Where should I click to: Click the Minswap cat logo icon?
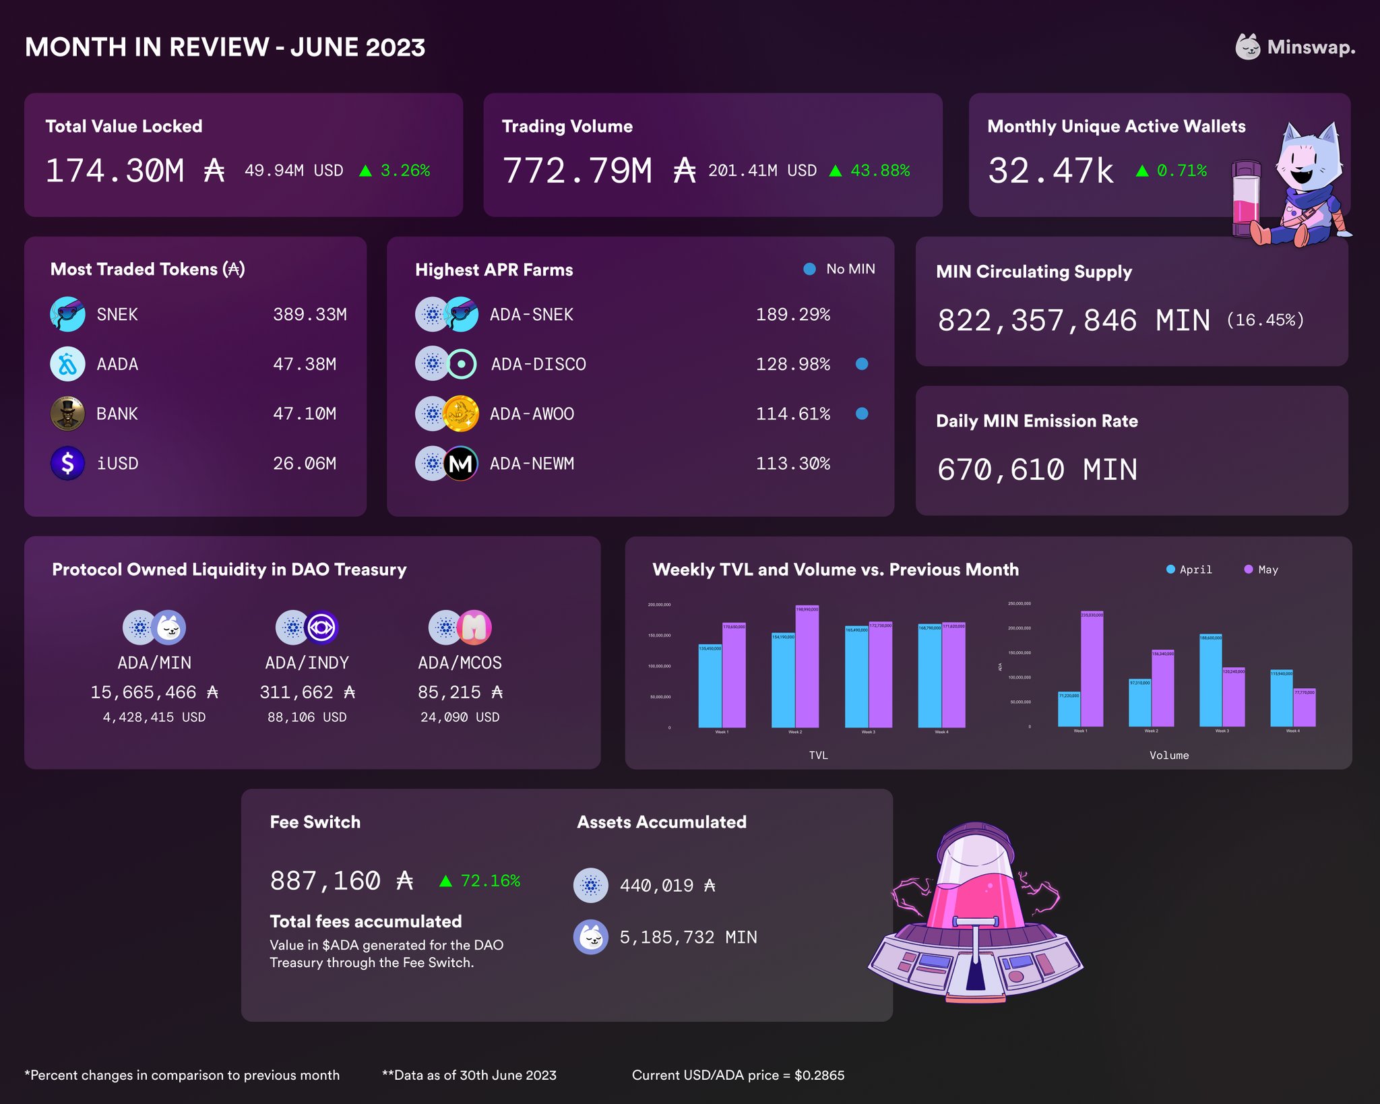tap(1247, 47)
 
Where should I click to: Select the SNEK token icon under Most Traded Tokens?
tap(67, 314)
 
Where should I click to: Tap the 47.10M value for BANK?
tap(305, 414)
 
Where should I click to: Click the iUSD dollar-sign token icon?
tap(67, 464)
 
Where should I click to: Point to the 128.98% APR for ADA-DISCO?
tap(792, 364)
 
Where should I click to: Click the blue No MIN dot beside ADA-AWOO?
tap(861, 414)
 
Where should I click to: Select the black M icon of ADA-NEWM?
tap(461, 464)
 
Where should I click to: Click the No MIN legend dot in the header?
tap(810, 269)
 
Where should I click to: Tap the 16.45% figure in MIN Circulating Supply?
tap(1265, 320)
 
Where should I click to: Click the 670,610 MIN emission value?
tap(1037, 470)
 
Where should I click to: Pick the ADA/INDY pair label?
tap(307, 663)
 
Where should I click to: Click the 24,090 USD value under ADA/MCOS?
tap(460, 717)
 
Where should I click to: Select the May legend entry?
tap(1261, 570)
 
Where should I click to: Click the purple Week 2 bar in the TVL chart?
tap(807, 667)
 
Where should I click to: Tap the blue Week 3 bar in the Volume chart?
tap(1211, 681)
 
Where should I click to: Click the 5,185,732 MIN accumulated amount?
tap(688, 938)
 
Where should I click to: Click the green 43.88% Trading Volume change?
tap(879, 171)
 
